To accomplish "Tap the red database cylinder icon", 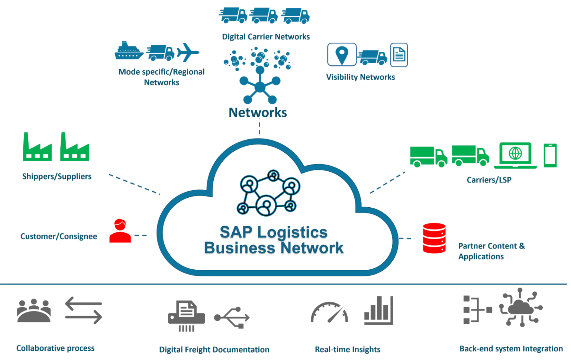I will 434,238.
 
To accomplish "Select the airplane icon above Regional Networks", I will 188,52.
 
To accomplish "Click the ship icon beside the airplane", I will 129,51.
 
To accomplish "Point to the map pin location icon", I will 342,54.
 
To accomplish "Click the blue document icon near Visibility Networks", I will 399,55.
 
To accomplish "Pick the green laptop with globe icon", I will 515,155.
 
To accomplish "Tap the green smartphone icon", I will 550,155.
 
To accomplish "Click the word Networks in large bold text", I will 258,113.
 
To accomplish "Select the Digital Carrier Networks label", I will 266,37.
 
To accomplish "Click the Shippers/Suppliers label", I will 57,176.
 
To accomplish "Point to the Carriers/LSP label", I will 489,180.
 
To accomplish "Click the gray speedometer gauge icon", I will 329,312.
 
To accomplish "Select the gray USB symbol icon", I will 232,318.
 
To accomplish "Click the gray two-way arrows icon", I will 84,310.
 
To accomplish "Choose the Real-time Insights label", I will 348,350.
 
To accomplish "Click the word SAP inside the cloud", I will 236,233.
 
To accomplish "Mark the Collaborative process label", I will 55,348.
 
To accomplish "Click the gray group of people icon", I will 34,311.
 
